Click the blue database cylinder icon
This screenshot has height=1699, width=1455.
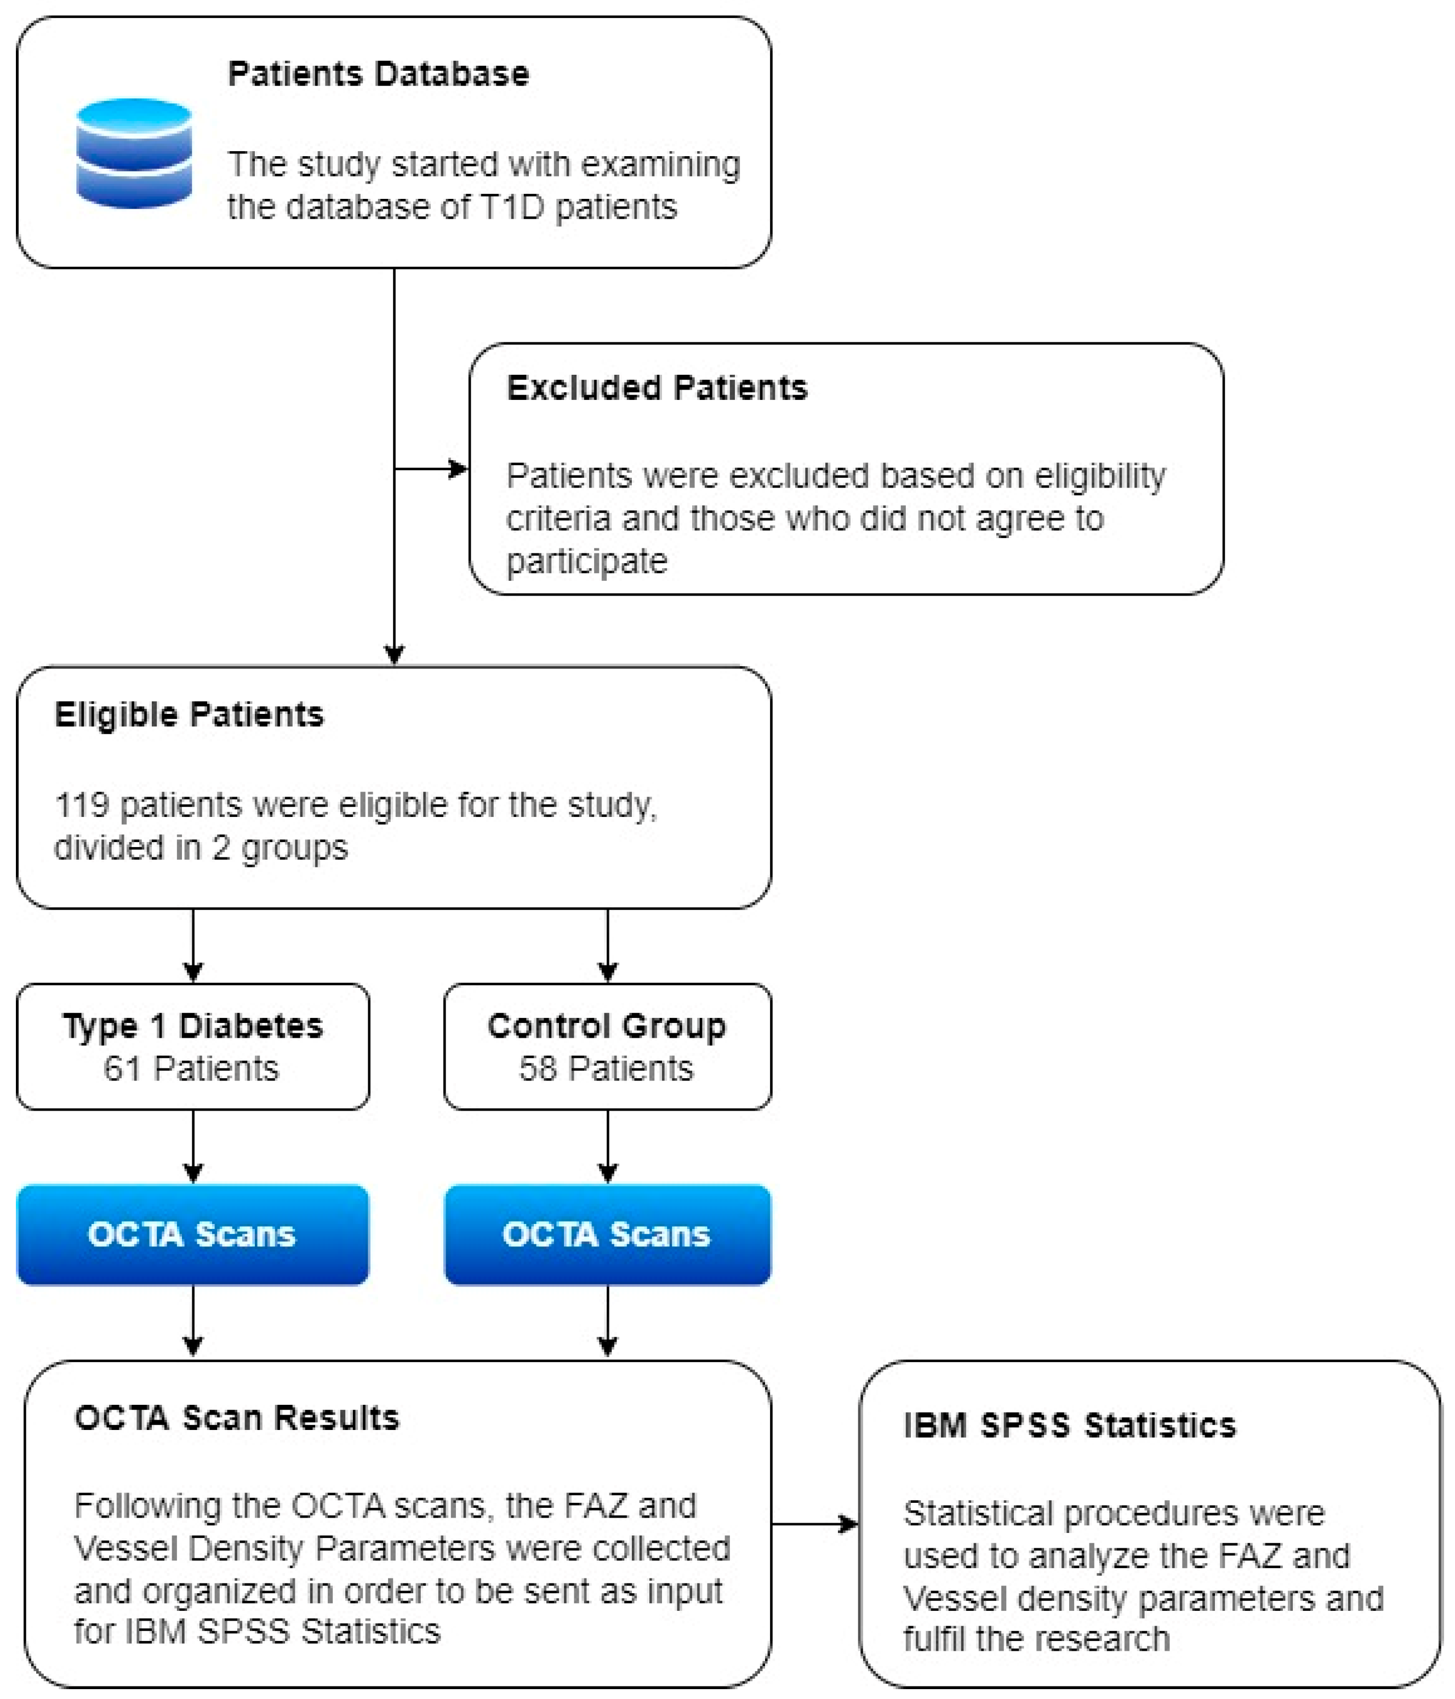point(134,153)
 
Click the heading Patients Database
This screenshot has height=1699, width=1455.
point(378,75)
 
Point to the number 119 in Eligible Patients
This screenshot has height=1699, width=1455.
point(81,805)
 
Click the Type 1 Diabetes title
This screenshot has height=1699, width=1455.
point(193,1026)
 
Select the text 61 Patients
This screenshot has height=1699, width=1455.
point(191,1068)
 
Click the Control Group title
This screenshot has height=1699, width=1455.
point(607,1026)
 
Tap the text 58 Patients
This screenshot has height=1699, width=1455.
point(606,1068)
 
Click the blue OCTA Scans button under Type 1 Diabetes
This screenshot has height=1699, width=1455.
point(193,1234)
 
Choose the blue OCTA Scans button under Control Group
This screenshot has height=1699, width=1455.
point(607,1234)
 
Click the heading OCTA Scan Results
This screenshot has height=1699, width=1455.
point(236,1418)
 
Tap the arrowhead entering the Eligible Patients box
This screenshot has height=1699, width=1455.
point(395,654)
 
